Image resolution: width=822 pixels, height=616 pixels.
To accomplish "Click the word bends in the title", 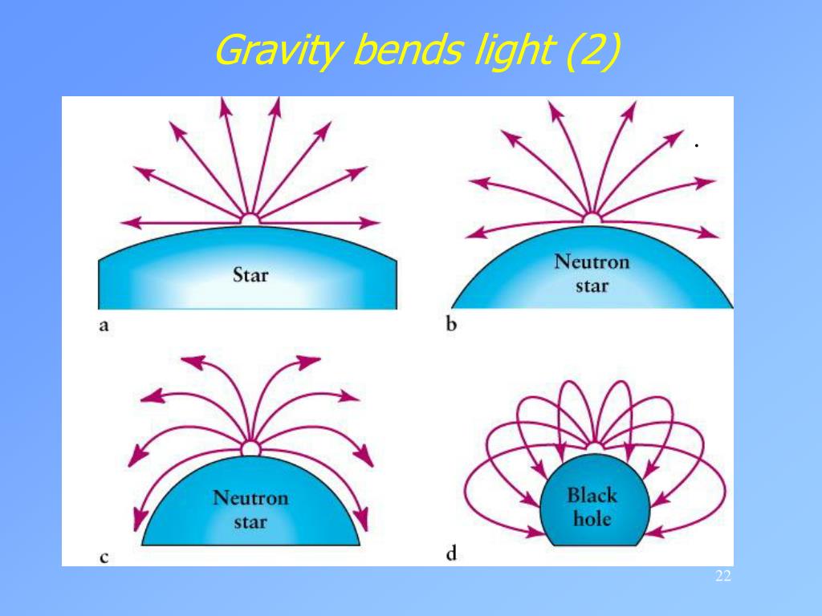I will [x=407, y=51].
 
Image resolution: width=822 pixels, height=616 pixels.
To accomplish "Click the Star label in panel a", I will [x=250, y=276].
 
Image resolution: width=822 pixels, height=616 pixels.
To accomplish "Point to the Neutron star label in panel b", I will [x=592, y=274].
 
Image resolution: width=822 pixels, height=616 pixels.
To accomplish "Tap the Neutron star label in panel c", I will [x=250, y=510].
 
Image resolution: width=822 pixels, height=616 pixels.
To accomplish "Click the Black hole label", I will [x=592, y=506].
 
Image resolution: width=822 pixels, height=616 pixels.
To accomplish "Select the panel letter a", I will [x=104, y=326].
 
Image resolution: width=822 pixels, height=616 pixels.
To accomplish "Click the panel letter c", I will [x=104, y=556].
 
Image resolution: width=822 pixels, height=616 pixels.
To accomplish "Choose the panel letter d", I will [x=451, y=553].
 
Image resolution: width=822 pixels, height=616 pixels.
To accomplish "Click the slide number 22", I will [x=722, y=577].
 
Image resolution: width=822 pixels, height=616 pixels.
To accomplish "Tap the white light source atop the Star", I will [x=250, y=219].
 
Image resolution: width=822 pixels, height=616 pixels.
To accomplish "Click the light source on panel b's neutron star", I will [x=592, y=217].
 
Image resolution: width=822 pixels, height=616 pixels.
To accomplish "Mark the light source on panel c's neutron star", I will [x=250, y=448].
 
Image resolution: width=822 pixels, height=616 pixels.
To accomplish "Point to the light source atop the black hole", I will [x=594, y=447].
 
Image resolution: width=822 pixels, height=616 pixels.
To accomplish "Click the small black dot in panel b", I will [x=698, y=146].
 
